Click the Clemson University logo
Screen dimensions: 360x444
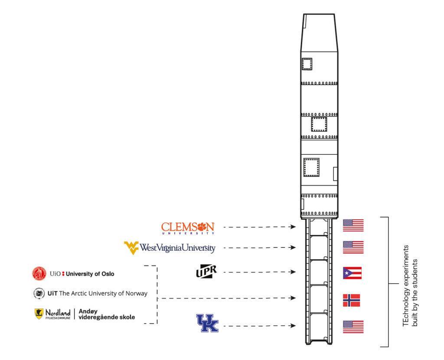click(188, 227)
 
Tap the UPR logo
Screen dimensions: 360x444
click(206, 272)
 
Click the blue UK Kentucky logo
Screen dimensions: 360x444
click(208, 324)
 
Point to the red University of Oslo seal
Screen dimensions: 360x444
click(39, 274)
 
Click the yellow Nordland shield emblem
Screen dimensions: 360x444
click(39, 314)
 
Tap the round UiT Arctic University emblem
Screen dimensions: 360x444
click(39, 294)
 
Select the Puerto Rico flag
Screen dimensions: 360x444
click(352, 273)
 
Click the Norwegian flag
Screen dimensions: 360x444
click(351, 300)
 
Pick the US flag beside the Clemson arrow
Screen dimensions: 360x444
click(353, 226)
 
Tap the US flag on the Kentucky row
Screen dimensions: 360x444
click(353, 327)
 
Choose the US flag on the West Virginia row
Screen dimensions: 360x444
click(353, 247)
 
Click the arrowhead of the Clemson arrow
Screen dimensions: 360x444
click(294, 227)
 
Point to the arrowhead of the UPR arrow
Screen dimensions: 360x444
click(294, 272)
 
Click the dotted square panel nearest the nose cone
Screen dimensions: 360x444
click(307, 64)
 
